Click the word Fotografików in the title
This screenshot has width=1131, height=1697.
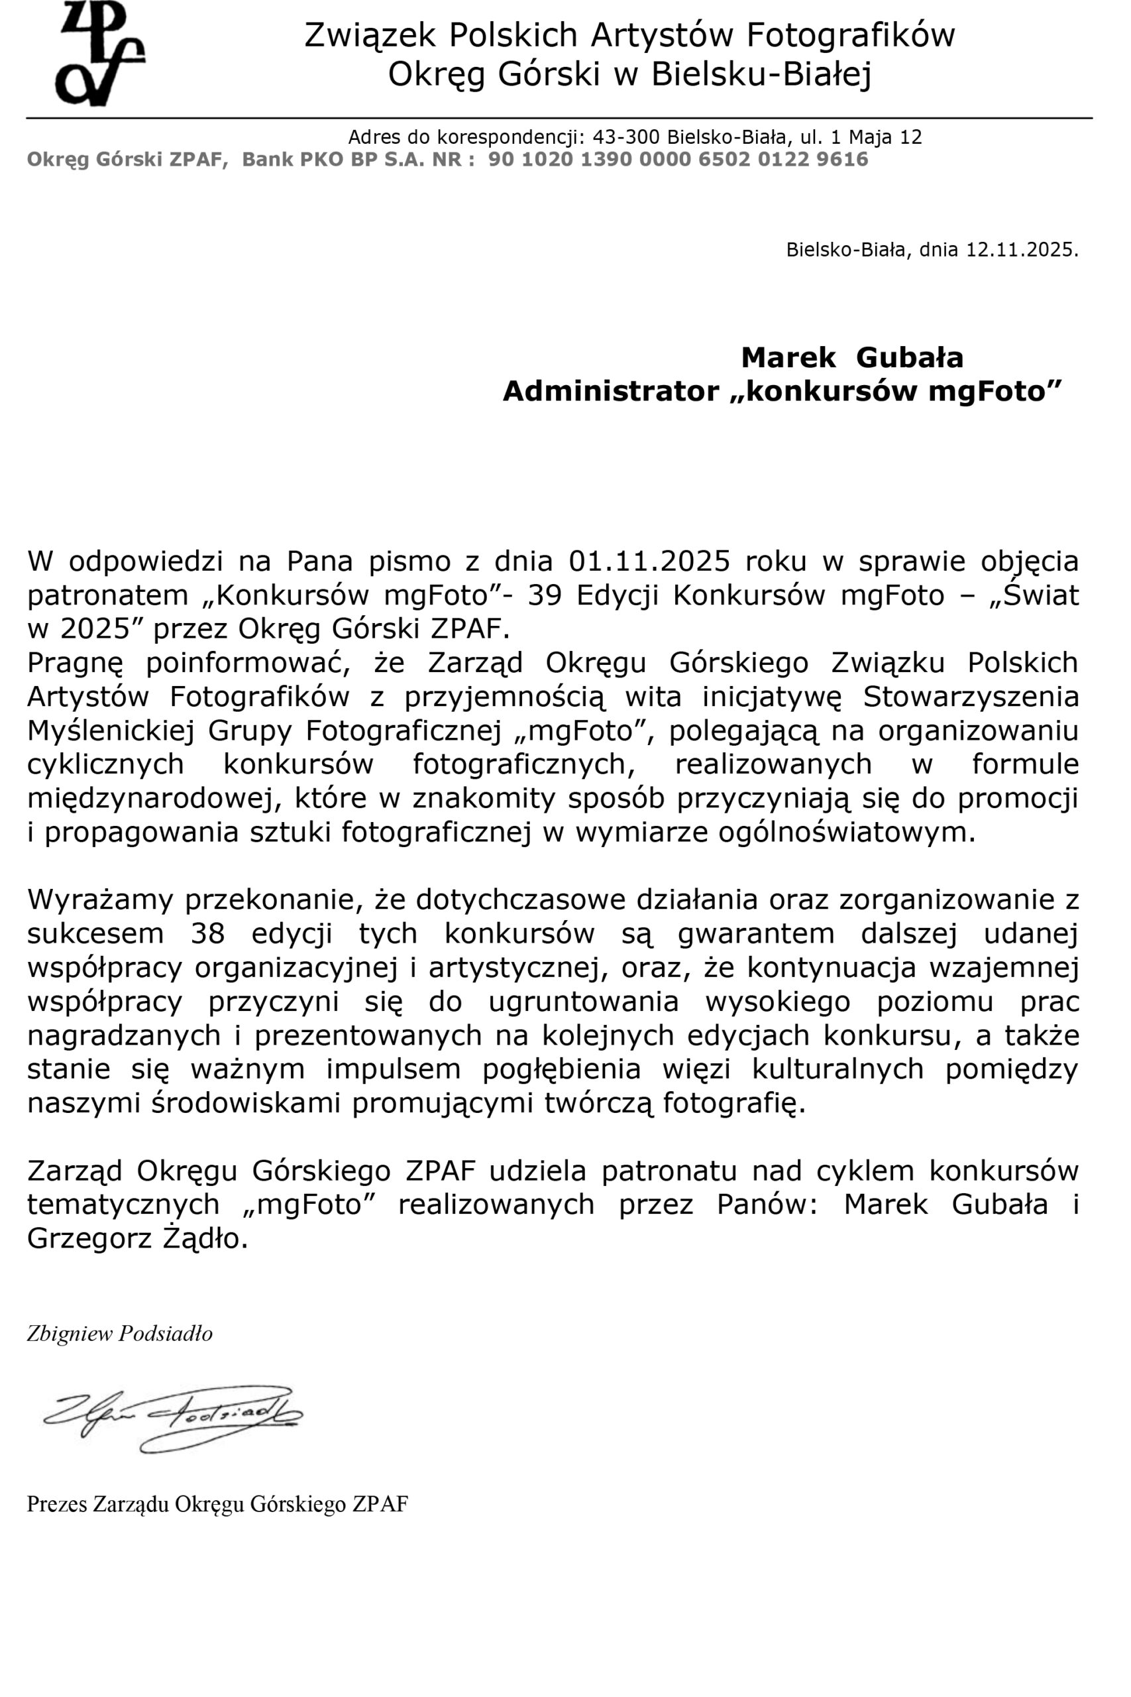coord(849,35)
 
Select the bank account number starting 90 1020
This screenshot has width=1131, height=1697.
coord(678,160)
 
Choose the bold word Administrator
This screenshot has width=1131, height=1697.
coord(610,391)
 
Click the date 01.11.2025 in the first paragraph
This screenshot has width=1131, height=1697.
coord(649,561)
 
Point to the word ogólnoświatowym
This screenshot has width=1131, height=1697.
coord(846,832)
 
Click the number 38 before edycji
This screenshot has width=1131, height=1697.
coord(208,933)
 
